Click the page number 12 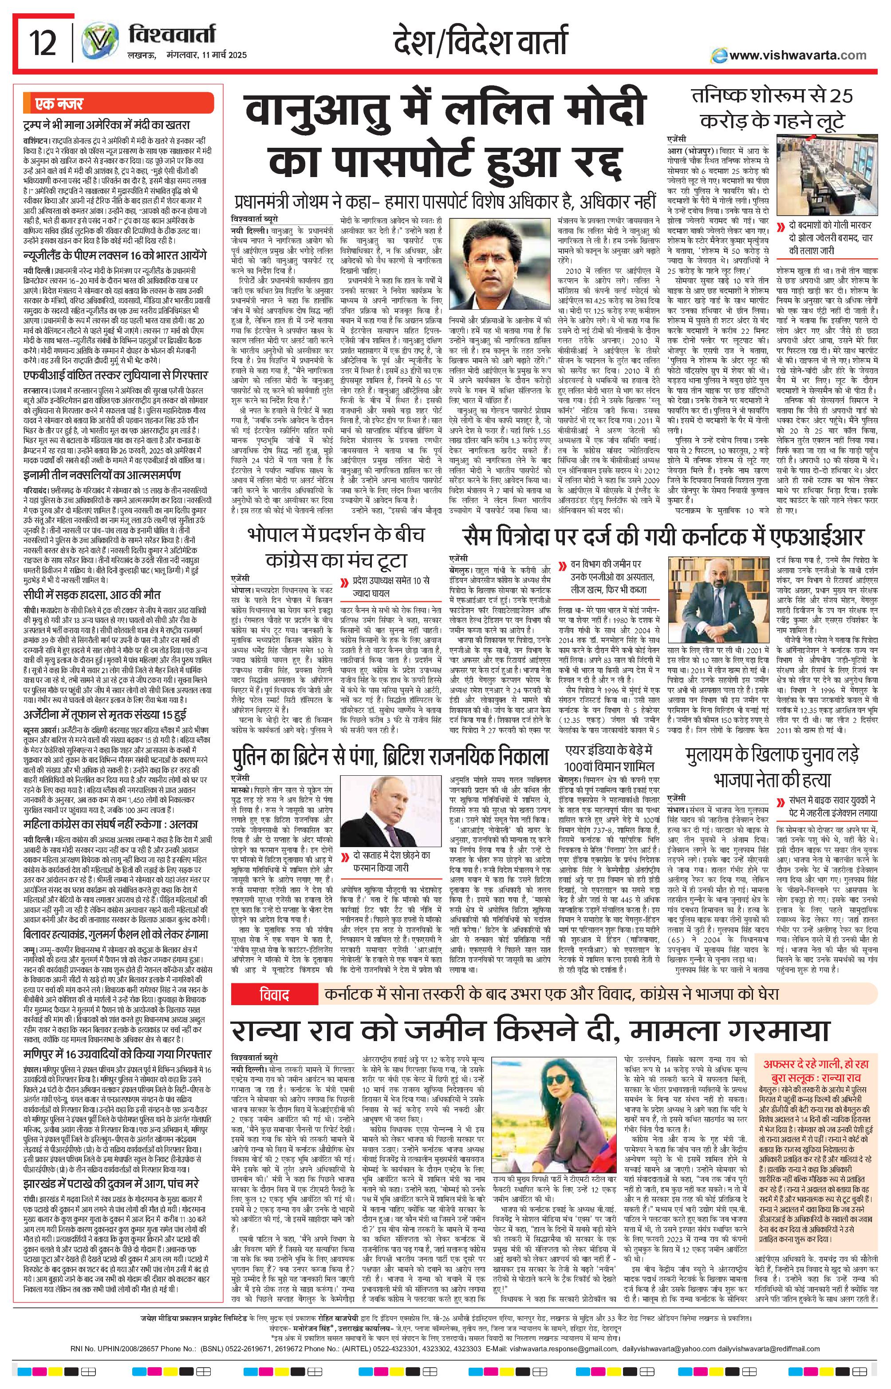44,43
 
